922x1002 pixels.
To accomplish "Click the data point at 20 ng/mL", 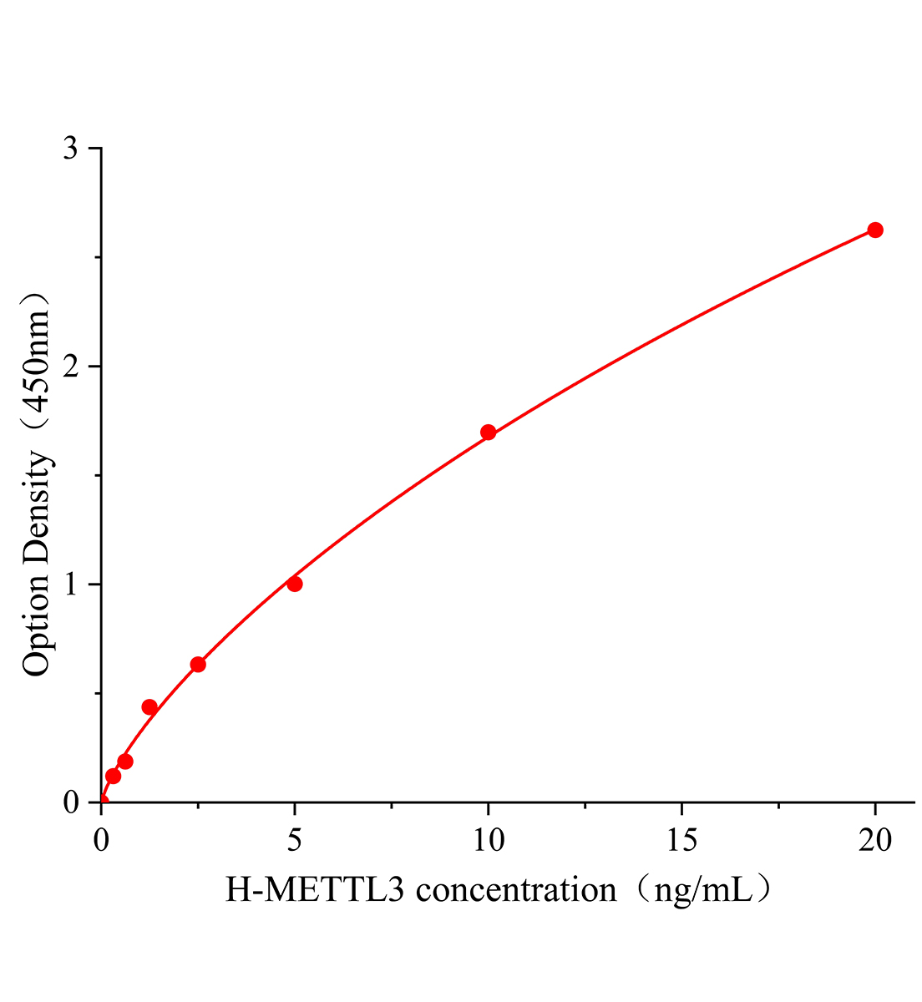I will click(875, 230).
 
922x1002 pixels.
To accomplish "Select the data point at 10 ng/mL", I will click(489, 433).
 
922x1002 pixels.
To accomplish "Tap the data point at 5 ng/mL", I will click(295, 584).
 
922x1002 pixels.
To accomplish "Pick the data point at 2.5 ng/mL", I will click(198, 665).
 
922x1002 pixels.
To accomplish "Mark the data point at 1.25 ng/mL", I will click(149, 707).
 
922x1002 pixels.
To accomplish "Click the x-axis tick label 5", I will click(295, 841).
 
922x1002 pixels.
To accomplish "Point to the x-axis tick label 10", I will click(489, 841).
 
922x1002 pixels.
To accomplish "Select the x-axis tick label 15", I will click(681, 841).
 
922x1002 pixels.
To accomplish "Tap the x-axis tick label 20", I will click(875, 841).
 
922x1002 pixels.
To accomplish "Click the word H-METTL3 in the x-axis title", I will click(316, 890).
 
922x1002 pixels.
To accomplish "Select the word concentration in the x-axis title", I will click(516, 890).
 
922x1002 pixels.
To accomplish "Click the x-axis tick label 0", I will click(101, 841).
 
